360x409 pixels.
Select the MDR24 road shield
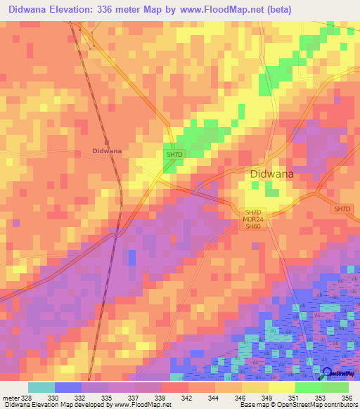(252, 219)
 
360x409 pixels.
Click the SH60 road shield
(252, 227)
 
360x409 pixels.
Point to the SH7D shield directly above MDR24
(252, 212)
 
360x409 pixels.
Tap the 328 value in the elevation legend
(27, 397)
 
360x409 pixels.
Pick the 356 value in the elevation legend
(347, 397)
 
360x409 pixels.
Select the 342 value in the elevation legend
(188, 397)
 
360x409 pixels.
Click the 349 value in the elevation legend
(268, 397)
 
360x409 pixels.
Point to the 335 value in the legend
(108, 397)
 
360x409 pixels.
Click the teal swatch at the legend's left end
(41, 387)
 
